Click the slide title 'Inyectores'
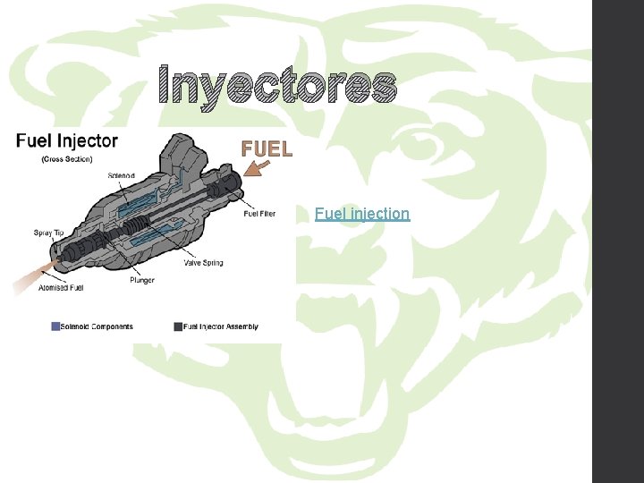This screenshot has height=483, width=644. [x=276, y=87]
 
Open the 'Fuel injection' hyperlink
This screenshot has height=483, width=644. [x=362, y=214]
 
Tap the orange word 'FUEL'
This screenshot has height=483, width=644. [x=267, y=149]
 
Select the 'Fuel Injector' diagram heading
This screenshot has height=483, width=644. [x=66, y=140]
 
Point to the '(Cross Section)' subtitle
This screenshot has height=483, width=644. [x=67, y=159]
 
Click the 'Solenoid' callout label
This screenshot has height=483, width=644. [x=122, y=174]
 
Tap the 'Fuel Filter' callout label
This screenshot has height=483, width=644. [x=259, y=214]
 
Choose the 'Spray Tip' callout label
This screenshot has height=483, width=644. [x=48, y=233]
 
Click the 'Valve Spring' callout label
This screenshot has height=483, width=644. [x=203, y=263]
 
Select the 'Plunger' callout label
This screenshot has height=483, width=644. [x=141, y=280]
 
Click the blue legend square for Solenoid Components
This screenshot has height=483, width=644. [x=55, y=326]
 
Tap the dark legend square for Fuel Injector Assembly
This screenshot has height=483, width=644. [x=178, y=326]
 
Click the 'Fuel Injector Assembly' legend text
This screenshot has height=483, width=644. [x=221, y=326]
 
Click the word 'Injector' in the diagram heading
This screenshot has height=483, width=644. [x=87, y=140]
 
